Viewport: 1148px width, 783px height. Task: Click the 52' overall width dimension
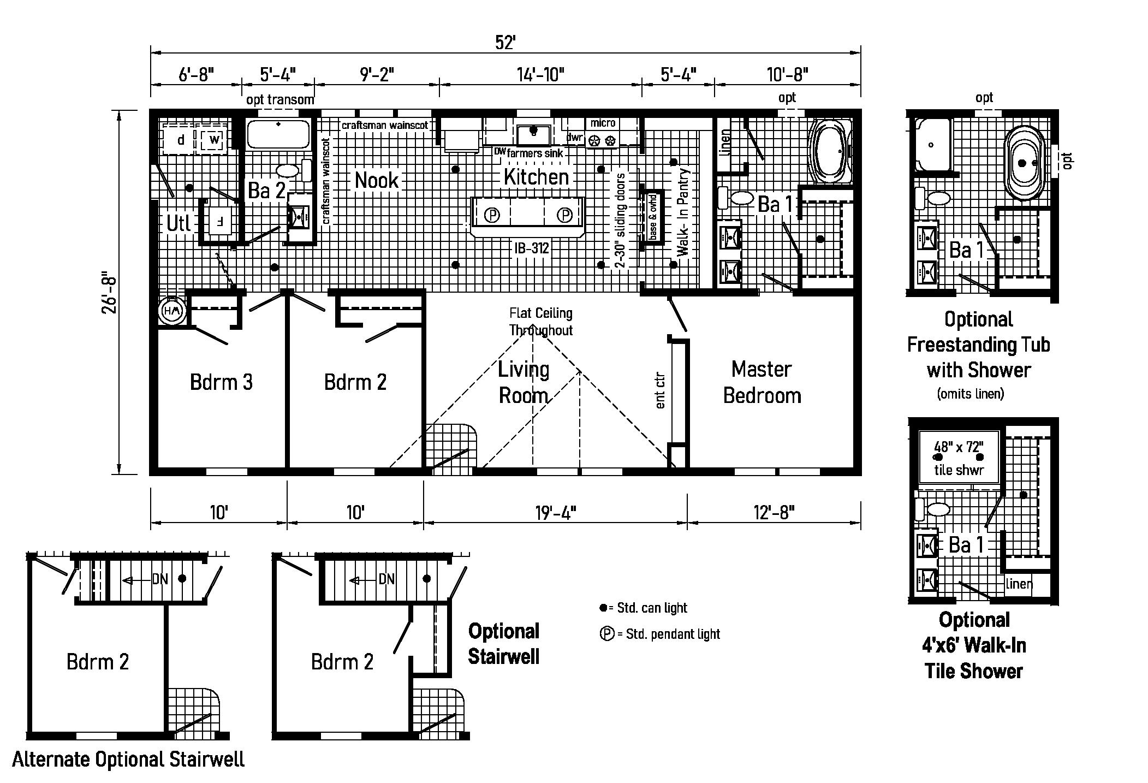pyautogui.click(x=505, y=42)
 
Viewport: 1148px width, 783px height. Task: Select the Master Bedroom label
pyautogui.click(x=762, y=382)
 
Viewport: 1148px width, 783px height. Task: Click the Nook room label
pyautogui.click(x=377, y=180)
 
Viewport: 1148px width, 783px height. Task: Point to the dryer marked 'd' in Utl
pyautogui.click(x=180, y=140)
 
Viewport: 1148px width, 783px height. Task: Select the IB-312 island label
pyautogui.click(x=531, y=248)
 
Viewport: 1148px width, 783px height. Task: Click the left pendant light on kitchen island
pyautogui.click(x=492, y=215)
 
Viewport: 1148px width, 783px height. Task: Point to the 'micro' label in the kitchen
pyautogui.click(x=603, y=123)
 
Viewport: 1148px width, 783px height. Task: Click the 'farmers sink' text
pyautogui.click(x=534, y=153)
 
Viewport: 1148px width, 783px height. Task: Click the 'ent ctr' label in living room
pyautogui.click(x=660, y=390)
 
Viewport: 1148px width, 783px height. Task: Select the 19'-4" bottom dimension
pyautogui.click(x=555, y=512)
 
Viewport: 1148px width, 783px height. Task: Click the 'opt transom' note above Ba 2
pyautogui.click(x=280, y=99)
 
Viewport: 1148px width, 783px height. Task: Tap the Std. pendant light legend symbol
pyautogui.click(x=606, y=634)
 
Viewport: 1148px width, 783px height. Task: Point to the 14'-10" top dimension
pyautogui.click(x=540, y=74)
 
